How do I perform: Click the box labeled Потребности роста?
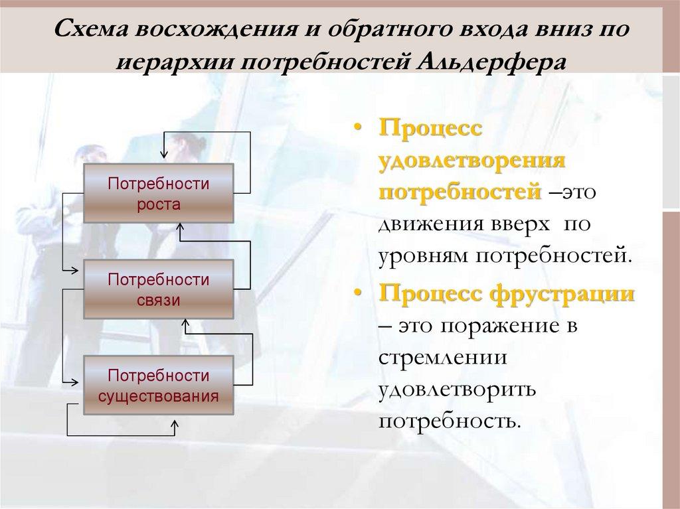[158, 194]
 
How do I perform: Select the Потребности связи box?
[158, 289]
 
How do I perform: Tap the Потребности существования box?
[158, 386]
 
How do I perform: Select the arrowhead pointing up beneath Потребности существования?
[175, 423]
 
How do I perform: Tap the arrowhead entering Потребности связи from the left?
[77, 270]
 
